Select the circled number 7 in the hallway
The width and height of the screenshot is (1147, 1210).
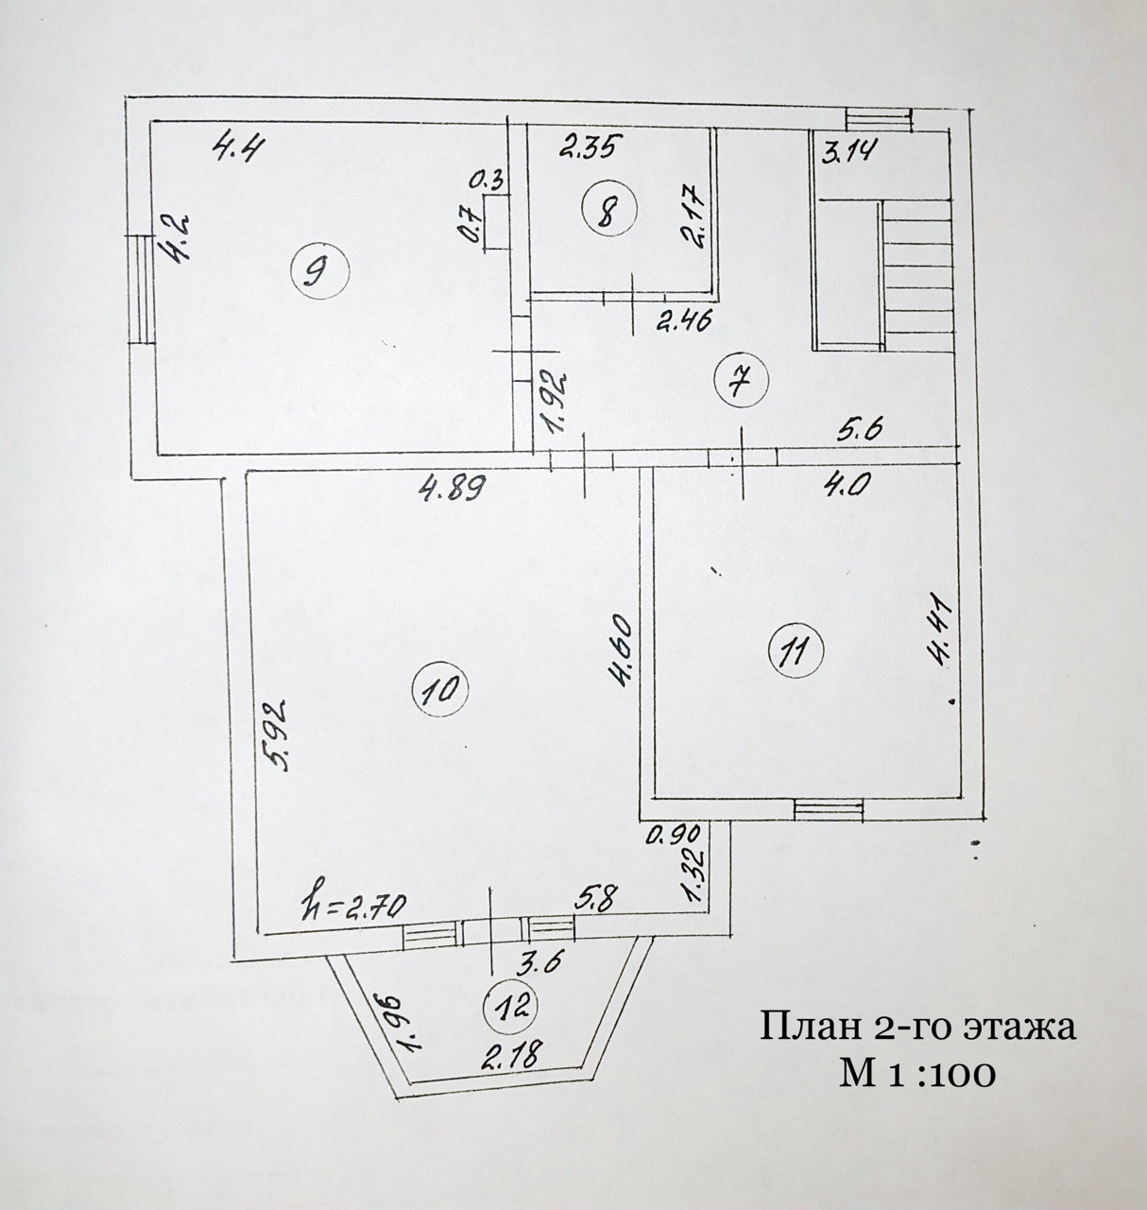(744, 380)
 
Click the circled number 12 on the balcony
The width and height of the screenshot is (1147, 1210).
(511, 1008)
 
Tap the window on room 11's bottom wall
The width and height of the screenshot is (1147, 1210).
(829, 808)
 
